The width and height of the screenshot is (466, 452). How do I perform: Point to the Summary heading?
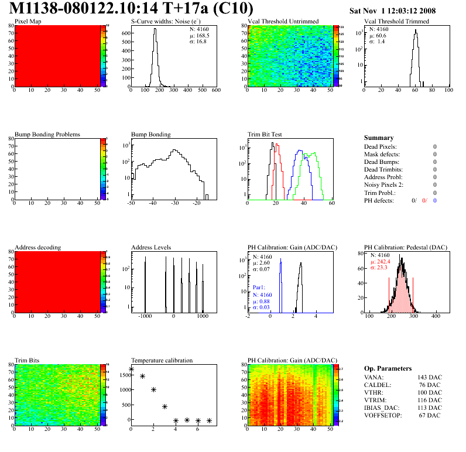(x=379, y=138)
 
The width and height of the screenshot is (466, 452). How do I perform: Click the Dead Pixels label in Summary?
(x=381, y=146)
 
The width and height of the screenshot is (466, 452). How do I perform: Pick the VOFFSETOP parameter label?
(x=384, y=415)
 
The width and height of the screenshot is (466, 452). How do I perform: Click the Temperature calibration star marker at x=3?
(x=165, y=406)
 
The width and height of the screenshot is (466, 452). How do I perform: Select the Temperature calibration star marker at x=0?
(x=131, y=369)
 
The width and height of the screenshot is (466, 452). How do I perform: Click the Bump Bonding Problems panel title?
(x=47, y=135)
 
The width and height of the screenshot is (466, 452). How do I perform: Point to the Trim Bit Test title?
(x=265, y=135)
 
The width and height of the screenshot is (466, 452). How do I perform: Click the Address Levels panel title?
(x=151, y=248)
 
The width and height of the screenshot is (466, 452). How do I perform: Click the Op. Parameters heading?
(x=388, y=368)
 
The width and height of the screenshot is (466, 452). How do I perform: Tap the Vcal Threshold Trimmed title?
(x=396, y=22)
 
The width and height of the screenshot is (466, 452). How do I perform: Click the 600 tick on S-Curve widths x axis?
(x=215, y=91)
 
